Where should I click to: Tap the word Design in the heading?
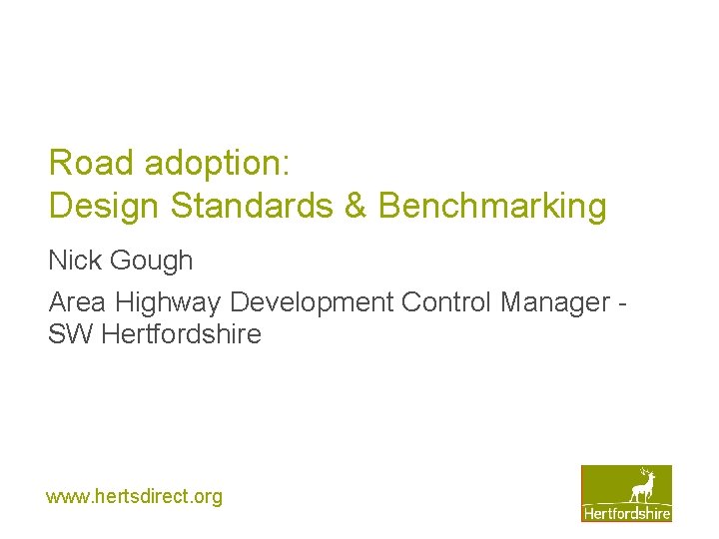point(105,206)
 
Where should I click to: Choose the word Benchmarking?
point(492,206)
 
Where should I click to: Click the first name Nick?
point(74,261)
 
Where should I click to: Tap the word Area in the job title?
point(77,301)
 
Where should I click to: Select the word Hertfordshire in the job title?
point(181,334)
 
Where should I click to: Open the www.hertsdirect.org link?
point(134,496)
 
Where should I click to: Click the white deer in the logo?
point(642,488)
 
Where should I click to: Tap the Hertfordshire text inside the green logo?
point(627,513)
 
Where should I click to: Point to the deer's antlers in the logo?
point(645,473)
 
